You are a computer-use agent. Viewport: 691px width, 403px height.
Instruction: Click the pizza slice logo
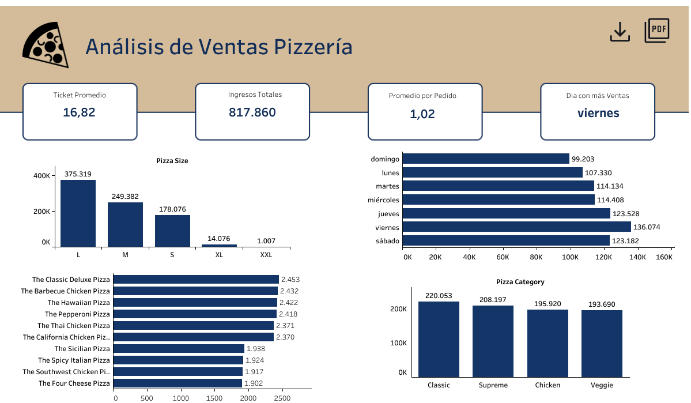[45, 46]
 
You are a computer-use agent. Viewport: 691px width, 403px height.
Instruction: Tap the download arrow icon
[620, 32]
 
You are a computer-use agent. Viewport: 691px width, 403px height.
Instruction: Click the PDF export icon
[657, 30]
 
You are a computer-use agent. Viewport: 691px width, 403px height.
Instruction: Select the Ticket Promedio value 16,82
[79, 112]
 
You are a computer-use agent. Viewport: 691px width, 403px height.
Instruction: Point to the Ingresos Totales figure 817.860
[252, 112]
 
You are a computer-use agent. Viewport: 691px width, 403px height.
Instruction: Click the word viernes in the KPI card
[598, 113]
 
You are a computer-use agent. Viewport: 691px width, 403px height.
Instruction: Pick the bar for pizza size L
[78, 213]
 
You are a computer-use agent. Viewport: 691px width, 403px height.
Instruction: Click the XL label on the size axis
[219, 255]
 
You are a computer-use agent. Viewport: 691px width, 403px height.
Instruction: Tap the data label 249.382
[125, 197]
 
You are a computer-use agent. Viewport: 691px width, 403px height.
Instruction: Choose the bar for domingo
[486, 159]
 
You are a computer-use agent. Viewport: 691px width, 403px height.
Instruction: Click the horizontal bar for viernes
[516, 227]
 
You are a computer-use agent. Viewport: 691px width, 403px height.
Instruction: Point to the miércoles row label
[383, 199]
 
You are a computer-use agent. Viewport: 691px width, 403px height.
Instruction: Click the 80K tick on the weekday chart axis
[537, 257]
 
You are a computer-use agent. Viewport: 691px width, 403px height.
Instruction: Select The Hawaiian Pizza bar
[195, 303]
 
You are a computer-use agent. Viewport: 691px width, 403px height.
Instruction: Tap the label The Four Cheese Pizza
[74, 383]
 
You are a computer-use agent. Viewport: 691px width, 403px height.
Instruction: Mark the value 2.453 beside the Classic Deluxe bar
[289, 280]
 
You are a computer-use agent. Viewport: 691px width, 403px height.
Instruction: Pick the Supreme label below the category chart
[493, 385]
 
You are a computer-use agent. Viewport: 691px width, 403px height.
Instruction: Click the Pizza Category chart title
[520, 282]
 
